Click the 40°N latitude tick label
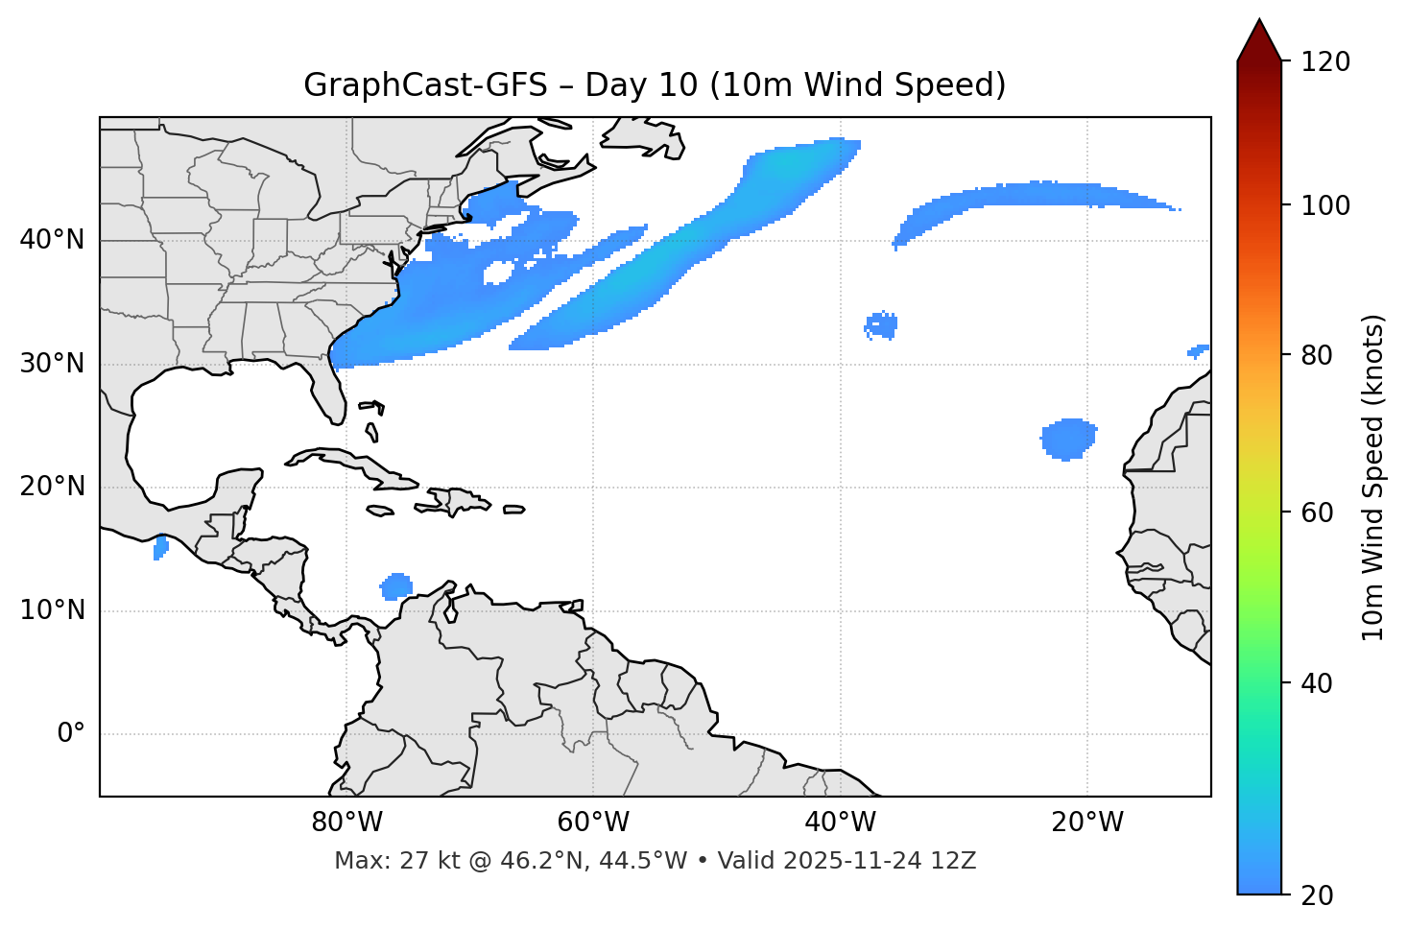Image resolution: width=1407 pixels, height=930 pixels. pyautogui.click(x=52, y=240)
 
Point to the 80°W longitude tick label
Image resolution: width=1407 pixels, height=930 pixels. pyautogui.click(x=346, y=822)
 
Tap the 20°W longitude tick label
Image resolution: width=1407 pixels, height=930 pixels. pyautogui.click(x=1087, y=822)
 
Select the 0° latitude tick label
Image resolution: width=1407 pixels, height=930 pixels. pyautogui.click(x=71, y=734)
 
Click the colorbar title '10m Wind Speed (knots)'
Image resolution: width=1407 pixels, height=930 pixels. pyautogui.click(x=1373, y=477)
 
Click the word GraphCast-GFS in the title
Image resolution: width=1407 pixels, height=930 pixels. pyautogui.click(x=425, y=85)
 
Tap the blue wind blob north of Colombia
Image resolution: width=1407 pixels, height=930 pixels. pyautogui.click(x=396, y=585)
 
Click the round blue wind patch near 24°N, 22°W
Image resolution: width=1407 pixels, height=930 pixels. pyautogui.click(x=1068, y=439)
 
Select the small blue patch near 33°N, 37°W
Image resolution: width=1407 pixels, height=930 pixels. pyautogui.click(x=881, y=325)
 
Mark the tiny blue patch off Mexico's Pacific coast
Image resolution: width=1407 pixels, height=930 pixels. pyautogui.click(x=160, y=548)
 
